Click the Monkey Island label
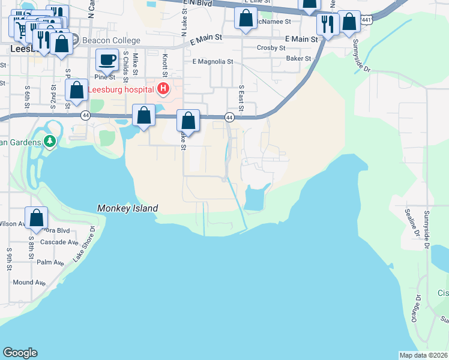click(127, 208)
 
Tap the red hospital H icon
click(162, 90)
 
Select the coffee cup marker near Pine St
click(107, 60)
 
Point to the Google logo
click(20, 353)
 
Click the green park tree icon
click(50, 142)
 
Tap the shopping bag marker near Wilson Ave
click(36, 218)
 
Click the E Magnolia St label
click(212, 61)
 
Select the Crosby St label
click(270, 47)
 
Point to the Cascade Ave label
click(59, 242)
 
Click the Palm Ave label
click(50, 262)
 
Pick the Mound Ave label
click(29, 282)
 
